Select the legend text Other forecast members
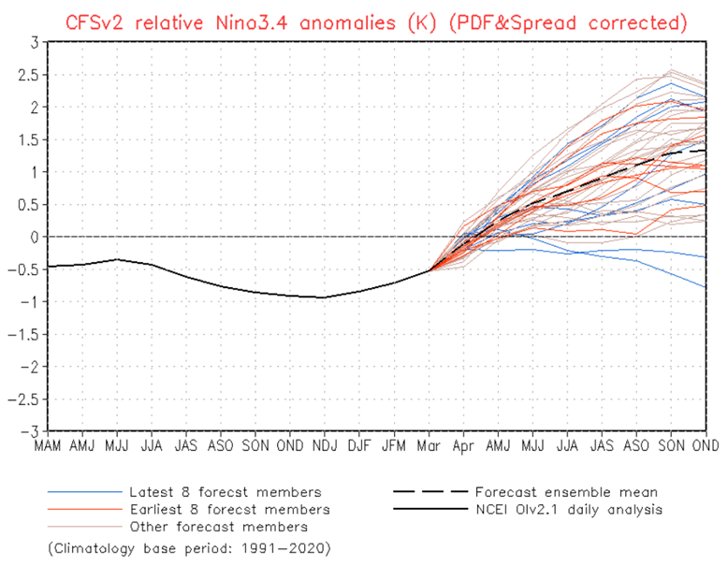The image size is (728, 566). pos(223,527)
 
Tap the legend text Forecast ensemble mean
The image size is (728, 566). pos(565,491)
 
